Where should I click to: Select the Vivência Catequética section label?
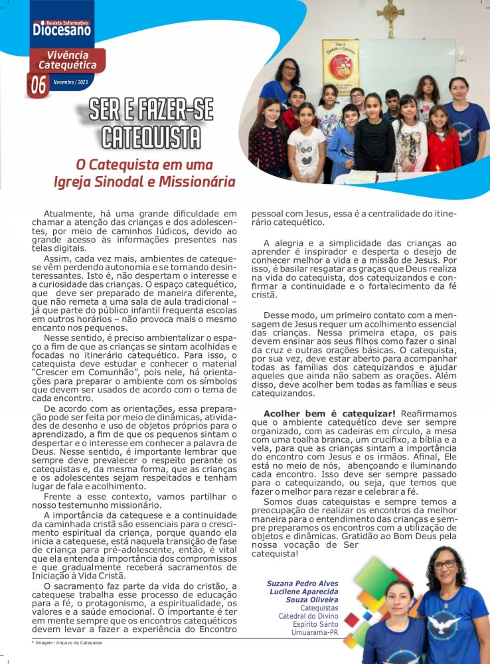pos(67,60)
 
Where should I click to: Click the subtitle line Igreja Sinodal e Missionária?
pos(145,181)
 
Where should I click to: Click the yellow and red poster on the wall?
pos(340,62)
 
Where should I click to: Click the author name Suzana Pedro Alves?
pos(303,583)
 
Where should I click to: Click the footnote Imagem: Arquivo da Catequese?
pos(67,643)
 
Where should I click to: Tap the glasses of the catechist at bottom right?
pos(444,564)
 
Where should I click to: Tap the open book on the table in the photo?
pos(362,177)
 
